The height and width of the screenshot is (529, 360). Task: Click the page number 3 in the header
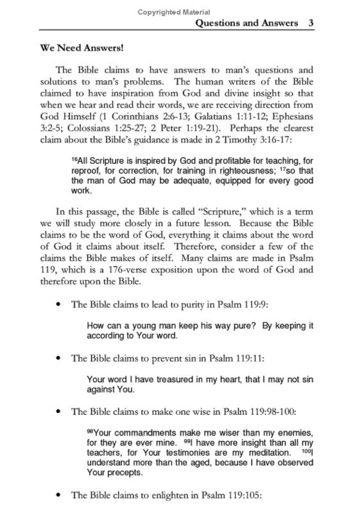point(311,23)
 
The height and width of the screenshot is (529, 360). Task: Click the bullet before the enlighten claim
point(60,496)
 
